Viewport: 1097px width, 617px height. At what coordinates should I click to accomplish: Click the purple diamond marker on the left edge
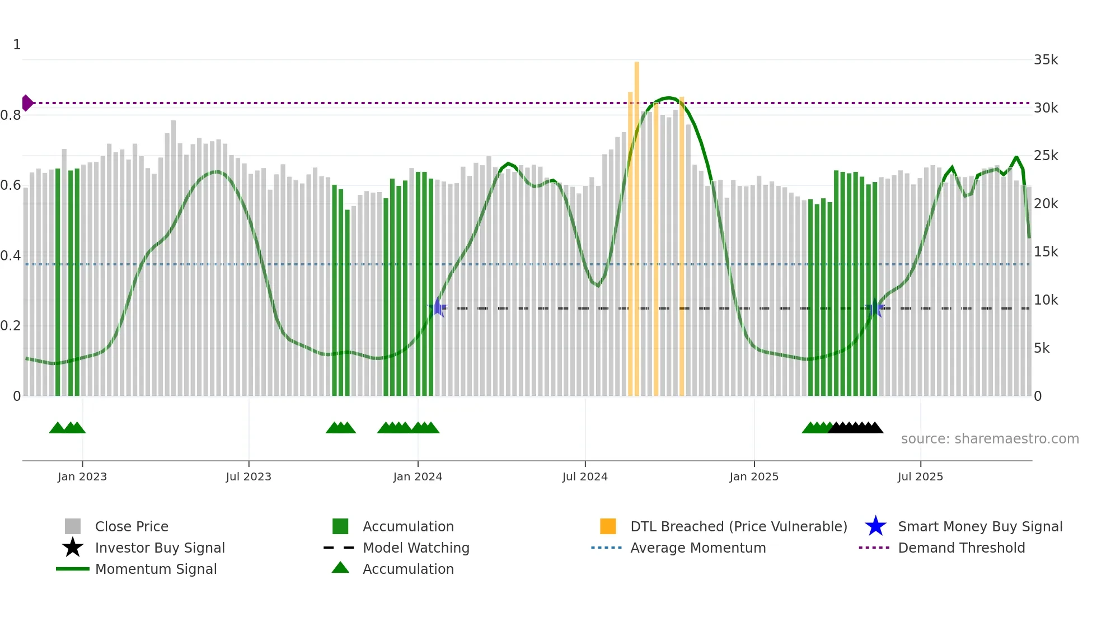pyautogui.click(x=27, y=103)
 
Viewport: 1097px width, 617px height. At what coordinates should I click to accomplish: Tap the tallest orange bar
pyautogui.click(x=637, y=224)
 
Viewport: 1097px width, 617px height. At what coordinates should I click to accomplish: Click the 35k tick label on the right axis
pyautogui.click(x=1046, y=60)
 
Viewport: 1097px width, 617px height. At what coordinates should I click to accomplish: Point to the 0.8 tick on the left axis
pyautogui.click(x=11, y=115)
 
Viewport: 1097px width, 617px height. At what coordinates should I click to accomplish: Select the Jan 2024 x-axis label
pyautogui.click(x=418, y=476)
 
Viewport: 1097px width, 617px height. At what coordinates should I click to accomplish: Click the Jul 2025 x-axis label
pyautogui.click(x=920, y=476)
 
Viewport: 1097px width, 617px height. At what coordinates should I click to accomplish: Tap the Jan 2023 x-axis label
pyautogui.click(x=82, y=476)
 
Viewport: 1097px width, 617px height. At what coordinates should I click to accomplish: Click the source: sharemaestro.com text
pyautogui.click(x=990, y=439)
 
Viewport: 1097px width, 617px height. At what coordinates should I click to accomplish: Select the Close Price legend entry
pyautogui.click(x=132, y=526)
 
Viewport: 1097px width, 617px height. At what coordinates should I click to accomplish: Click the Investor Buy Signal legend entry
pyautogui.click(x=160, y=548)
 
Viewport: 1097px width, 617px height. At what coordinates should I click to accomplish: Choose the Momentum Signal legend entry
pyautogui.click(x=156, y=569)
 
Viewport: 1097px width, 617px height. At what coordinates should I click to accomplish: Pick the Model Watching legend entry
pyautogui.click(x=416, y=548)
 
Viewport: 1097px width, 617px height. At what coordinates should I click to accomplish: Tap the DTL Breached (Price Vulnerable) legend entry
pyautogui.click(x=738, y=526)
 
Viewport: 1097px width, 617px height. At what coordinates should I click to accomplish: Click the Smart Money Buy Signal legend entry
pyautogui.click(x=979, y=526)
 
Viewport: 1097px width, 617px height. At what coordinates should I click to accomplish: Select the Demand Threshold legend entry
pyautogui.click(x=961, y=548)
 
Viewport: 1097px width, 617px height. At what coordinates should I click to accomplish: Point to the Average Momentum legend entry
pyautogui.click(x=698, y=548)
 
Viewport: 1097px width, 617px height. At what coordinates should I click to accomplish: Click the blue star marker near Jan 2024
pyautogui.click(x=438, y=307)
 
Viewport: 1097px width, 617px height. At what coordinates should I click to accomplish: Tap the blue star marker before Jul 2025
pyautogui.click(x=875, y=307)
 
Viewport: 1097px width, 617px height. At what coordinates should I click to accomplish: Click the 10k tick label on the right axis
pyautogui.click(x=1046, y=300)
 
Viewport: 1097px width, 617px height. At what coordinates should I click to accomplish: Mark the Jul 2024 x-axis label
pyautogui.click(x=585, y=476)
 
